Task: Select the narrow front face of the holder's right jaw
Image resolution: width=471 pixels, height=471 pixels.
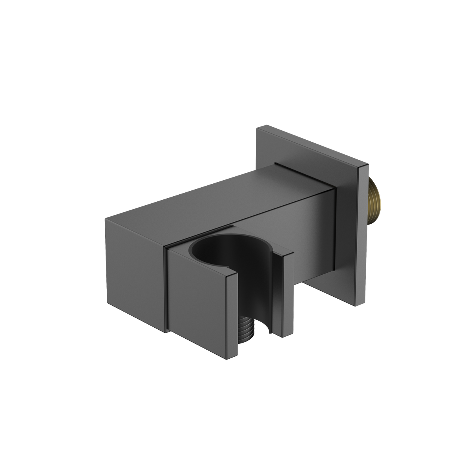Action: click(284, 298)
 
